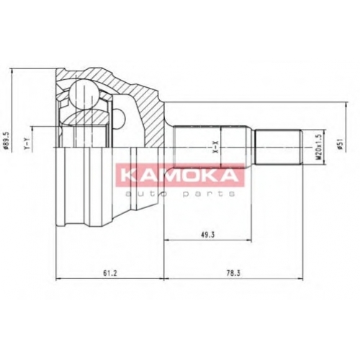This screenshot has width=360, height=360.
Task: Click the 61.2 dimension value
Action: [x=110, y=273]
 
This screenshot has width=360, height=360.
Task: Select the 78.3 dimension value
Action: [x=233, y=273]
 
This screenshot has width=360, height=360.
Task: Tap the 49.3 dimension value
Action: [x=207, y=235]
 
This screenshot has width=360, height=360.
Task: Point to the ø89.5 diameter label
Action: [x=6, y=140]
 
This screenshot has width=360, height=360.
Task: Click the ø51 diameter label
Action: [x=340, y=145]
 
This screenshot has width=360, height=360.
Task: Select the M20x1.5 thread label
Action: [x=319, y=147]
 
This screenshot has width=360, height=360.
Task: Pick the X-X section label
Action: [x=216, y=147]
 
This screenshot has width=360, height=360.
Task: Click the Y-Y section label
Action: [x=27, y=144]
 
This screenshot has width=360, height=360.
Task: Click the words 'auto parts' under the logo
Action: [x=180, y=194]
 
